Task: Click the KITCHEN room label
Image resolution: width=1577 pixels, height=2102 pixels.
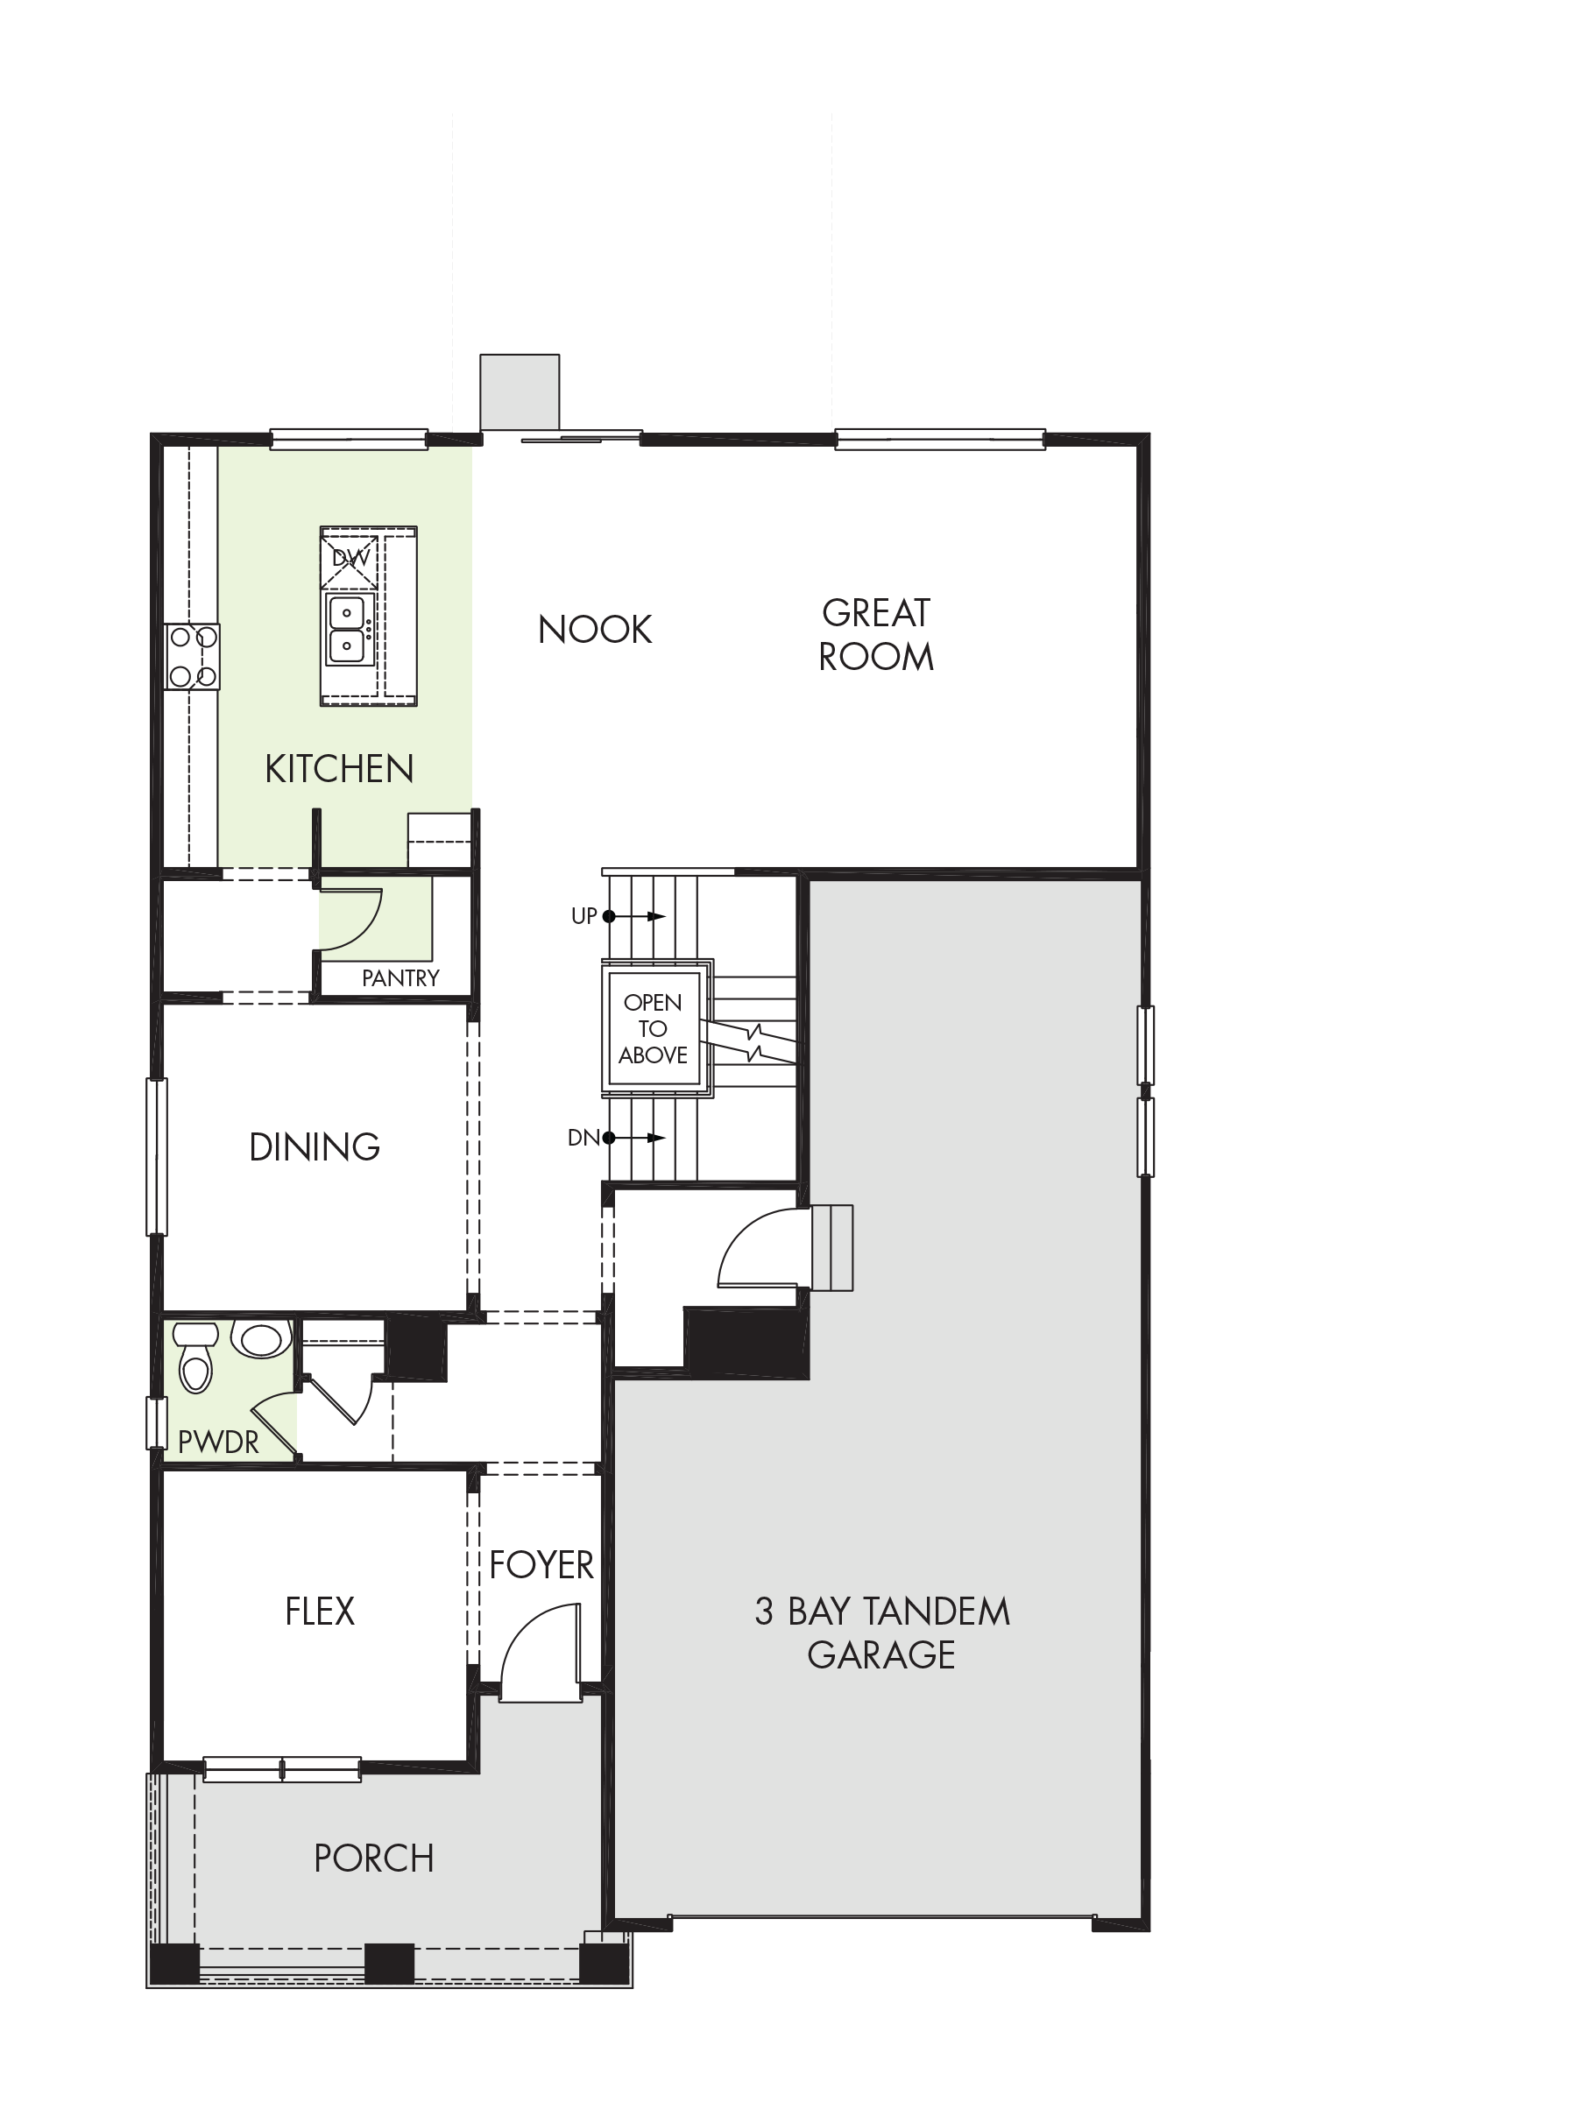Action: pyautogui.click(x=339, y=769)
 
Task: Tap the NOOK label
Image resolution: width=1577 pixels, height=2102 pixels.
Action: pyautogui.click(x=595, y=629)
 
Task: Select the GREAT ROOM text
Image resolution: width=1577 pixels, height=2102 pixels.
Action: pyautogui.click(x=875, y=635)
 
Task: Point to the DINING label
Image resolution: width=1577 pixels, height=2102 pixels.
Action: pyautogui.click(x=315, y=1147)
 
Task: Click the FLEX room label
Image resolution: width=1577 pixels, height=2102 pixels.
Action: pyautogui.click(x=320, y=1611)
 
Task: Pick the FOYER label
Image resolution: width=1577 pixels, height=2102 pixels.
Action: pyautogui.click(x=541, y=1565)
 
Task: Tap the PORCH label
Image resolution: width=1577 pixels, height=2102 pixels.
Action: pyautogui.click(x=373, y=1858)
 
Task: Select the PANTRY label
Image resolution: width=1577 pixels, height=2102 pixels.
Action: pyautogui.click(x=400, y=977)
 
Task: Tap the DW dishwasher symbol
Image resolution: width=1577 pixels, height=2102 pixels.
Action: pyautogui.click(x=350, y=558)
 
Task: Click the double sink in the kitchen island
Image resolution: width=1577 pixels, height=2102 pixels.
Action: pyautogui.click(x=347, y=629)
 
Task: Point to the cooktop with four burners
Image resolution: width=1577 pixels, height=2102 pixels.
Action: pyautogui.click(x=192, y=656)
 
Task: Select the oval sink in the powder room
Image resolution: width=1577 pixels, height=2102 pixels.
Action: pyautogui.click(x=261, y=1339)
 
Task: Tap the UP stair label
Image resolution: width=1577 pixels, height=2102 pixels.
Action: pyautogui.click(x=583, y=916)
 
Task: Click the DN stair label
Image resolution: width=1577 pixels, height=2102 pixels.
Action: pyautogui.click(x=583, y=1138)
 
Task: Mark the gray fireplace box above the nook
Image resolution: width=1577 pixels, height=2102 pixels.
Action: pyautogui.click(x=520, y=392)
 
